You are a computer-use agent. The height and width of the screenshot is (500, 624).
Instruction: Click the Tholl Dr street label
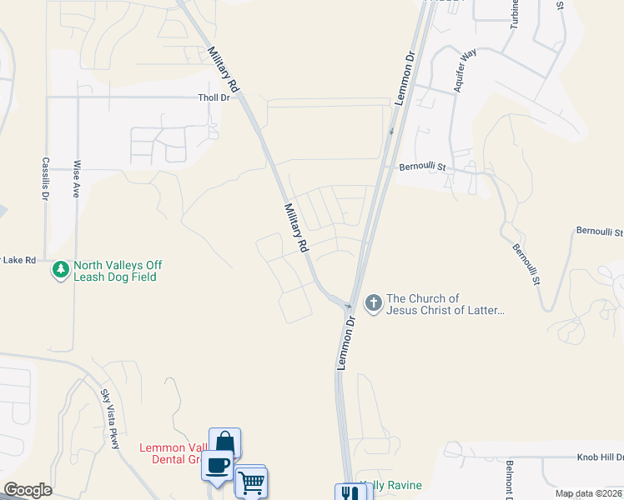coord(214,97)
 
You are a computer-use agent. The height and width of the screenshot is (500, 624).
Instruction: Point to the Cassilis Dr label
coord(44,180)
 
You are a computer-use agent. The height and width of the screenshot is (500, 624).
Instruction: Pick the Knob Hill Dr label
coord(600,457)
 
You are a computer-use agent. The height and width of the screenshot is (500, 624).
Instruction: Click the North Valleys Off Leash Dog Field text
coord(118,271)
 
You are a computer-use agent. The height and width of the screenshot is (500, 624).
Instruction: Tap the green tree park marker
coord(60,270)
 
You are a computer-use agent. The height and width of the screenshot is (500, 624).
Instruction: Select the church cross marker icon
coord(373,304)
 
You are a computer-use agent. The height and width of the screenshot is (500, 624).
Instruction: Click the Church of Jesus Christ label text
coord(445,304)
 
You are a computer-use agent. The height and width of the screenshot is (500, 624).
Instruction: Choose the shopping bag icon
coord(224,442)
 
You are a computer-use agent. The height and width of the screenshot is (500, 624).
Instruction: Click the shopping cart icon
coord(250,481)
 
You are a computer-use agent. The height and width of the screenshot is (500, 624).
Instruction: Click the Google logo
coord(28,490)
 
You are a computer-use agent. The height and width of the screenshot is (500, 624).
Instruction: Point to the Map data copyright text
coord(588,493)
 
